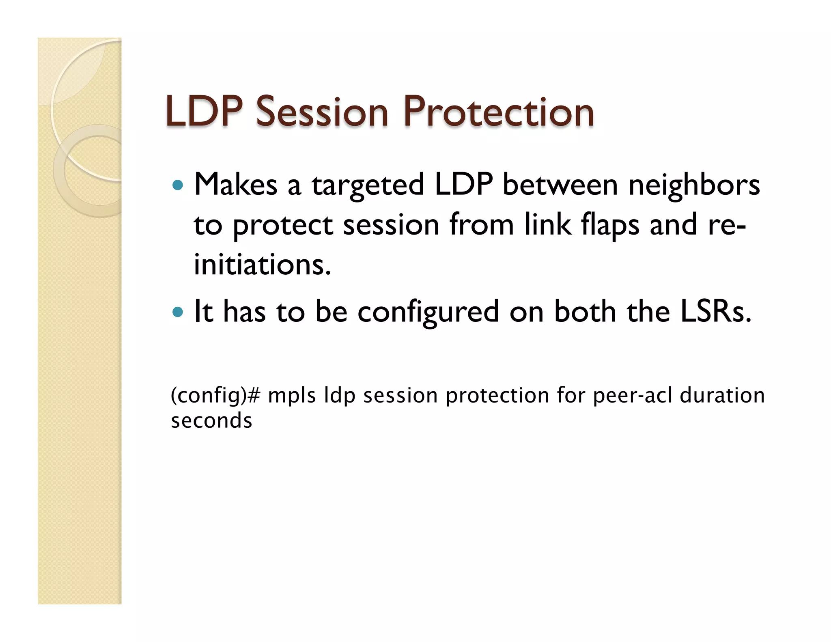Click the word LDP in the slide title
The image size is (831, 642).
point(204,112)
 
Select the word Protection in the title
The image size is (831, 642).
point(498,112)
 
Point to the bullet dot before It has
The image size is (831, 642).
point(177,312)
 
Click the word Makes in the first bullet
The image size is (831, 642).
point(236,185)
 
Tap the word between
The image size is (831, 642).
point(560,185)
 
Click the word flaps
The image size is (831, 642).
point(610,225)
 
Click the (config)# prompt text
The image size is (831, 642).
point(215,396)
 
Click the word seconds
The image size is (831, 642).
point(211,421)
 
